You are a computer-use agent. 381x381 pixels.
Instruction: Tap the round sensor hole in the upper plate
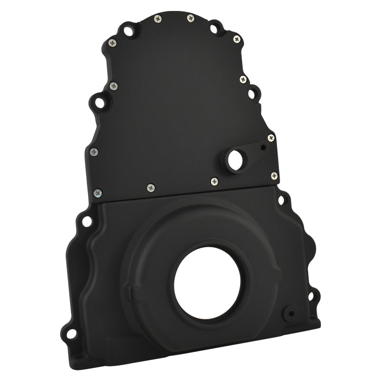(x=235, y=160)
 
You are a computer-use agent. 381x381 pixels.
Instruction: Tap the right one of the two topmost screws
(x=190, y=18)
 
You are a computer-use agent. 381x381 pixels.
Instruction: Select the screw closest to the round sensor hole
(x=214, y=180)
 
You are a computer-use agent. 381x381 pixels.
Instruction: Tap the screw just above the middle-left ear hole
(x=113, y=86)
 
